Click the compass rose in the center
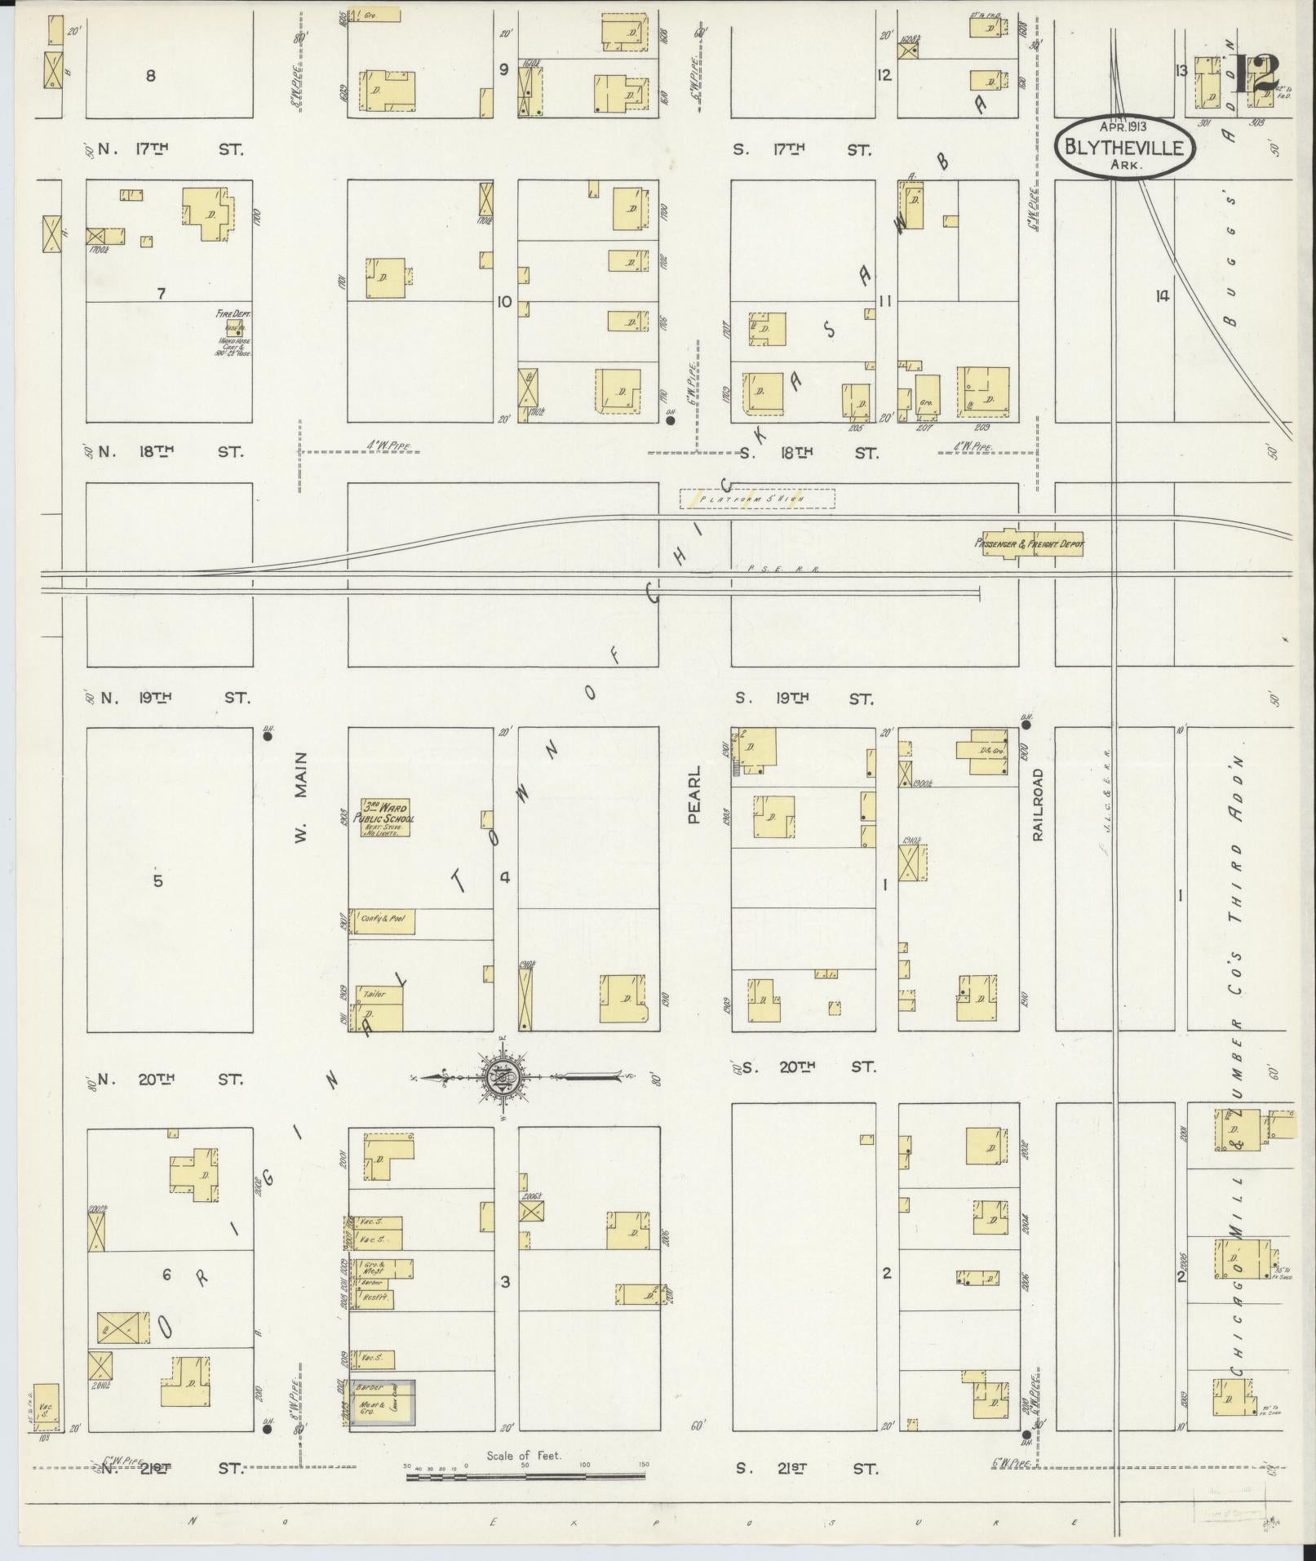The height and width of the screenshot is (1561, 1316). coord(503,1078)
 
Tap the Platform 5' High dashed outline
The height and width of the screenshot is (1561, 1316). coord(756,499)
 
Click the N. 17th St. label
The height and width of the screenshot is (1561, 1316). coord(170,149)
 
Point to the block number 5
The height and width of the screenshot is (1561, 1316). coord(158,880)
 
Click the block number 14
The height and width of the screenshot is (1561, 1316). coord(1162,296)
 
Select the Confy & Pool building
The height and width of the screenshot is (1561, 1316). coord(383,921)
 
